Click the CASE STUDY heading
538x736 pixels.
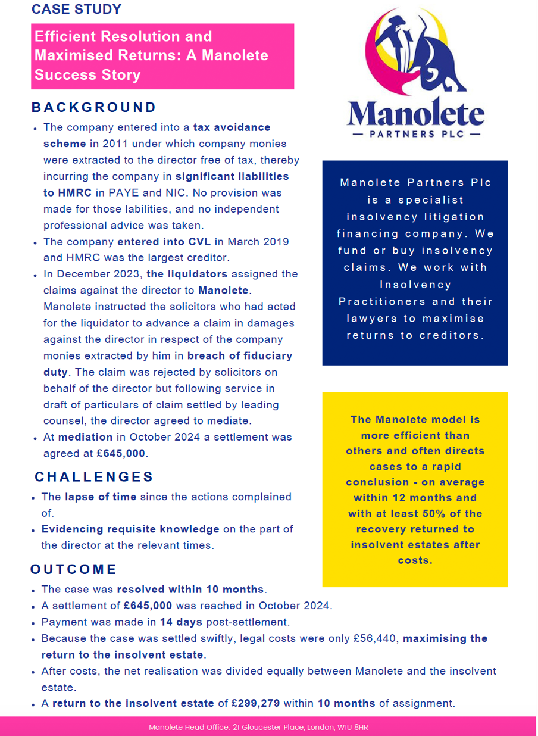[x=76, y=10]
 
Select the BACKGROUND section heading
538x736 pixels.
[x=94, y=108]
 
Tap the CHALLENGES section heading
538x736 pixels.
[x=94, y=477]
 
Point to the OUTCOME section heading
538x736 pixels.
[x=73, y=569]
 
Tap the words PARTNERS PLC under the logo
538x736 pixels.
[x=416, y=134]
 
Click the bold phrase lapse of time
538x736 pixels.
[x=101, y=497]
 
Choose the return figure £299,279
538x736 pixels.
[x=255, y=703]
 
